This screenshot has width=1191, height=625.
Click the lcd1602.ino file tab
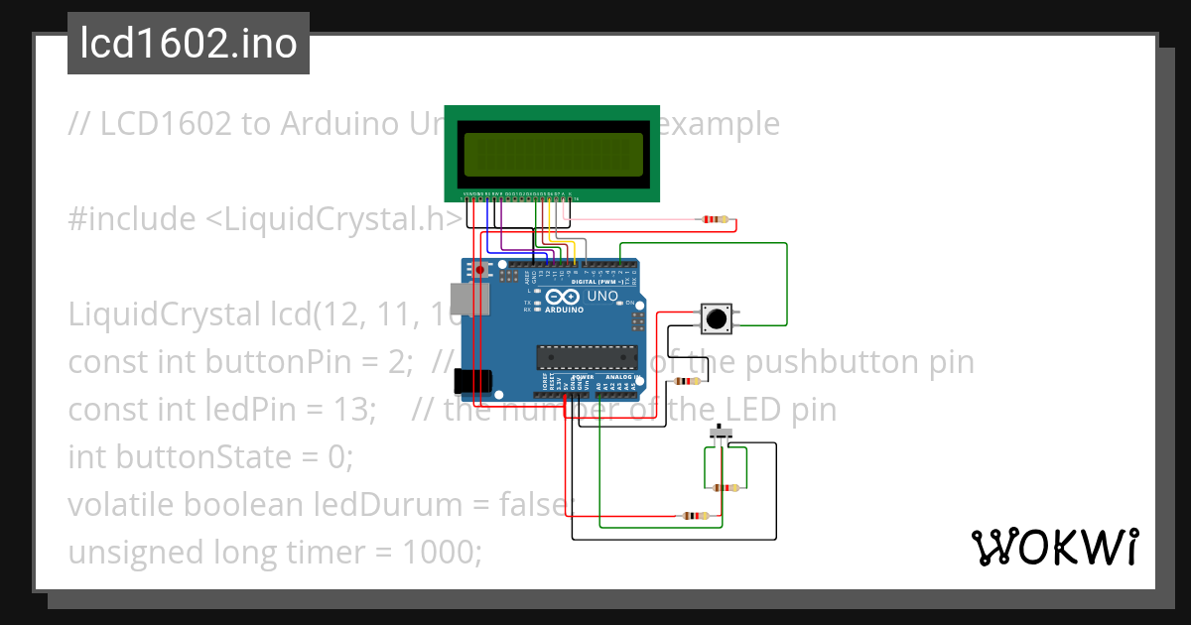coord(189,44)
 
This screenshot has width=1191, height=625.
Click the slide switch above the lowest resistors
coord(723,434)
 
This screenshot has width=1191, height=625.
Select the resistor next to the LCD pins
coord(714,219)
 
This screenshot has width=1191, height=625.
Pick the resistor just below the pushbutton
coord(686,381)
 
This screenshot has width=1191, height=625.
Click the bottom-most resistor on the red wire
coord(693,516)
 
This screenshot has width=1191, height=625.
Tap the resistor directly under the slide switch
coord(727,487)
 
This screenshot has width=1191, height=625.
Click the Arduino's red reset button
coord(480,269)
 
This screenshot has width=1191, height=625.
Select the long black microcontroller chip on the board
coord(586,355)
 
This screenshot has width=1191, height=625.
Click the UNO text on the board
coord(603,297)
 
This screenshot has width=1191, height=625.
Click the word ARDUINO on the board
coord(561,310)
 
